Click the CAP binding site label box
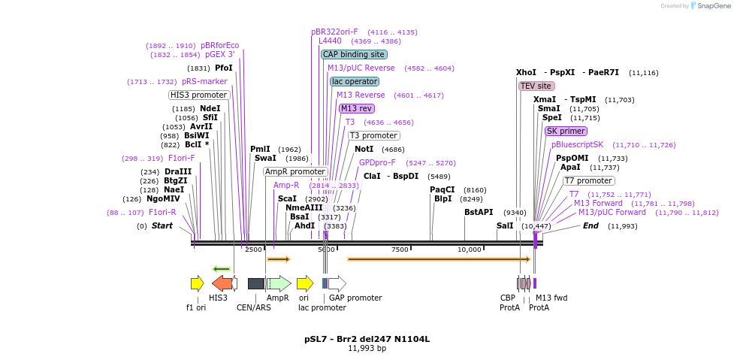point(354,54)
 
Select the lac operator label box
point(355,81)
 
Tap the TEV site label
point(536,86)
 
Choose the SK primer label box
point(566,131)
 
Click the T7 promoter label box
point(589,180)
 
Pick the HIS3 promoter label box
point(198,95)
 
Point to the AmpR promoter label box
point(295,171)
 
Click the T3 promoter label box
point(373,135)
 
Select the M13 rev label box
point(357,108)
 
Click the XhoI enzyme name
point(526,72)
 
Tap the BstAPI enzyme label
point(479,212)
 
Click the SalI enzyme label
point(505,225)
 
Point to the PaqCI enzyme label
point(443,189)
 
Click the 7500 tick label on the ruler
point(400,250)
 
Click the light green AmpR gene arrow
point(278,283)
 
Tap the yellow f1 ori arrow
point(197,283)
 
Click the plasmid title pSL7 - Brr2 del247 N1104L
point(367,339)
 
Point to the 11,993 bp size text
point(367,349)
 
